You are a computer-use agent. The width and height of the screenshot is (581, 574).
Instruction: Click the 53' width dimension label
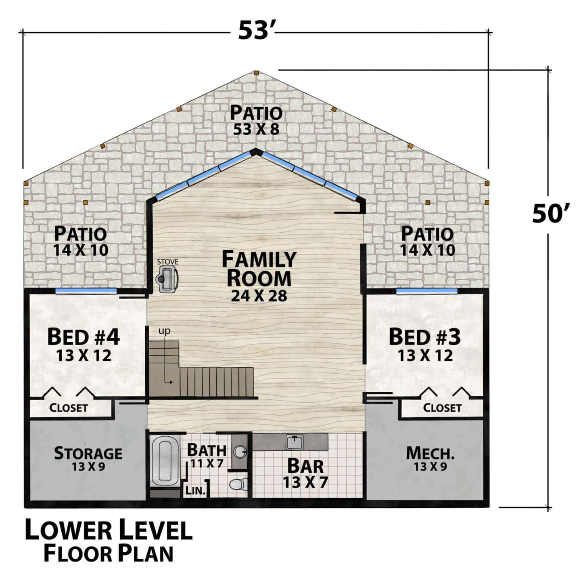[256, 31]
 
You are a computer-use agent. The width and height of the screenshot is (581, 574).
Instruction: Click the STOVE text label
[167, 262]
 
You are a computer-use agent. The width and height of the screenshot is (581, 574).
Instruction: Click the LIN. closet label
[196, 490]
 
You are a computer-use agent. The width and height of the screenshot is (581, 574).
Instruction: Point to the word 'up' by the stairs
[164, 331]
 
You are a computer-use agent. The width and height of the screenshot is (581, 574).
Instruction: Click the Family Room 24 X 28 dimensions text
[259, 296]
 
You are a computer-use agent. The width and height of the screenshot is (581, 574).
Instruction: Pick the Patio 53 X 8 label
[256, 120]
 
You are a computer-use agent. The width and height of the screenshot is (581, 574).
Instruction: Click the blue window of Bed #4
[86, 291]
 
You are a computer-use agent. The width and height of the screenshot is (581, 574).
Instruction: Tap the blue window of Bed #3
[426, 291]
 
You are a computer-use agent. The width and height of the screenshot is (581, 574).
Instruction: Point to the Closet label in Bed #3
[442, 408]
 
